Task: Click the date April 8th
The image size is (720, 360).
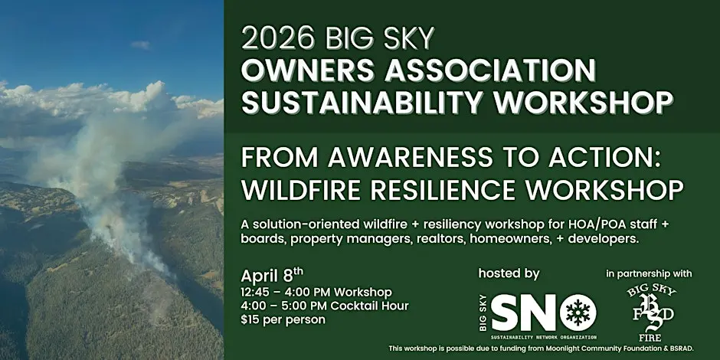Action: click(272, 277)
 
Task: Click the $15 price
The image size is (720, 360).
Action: click(250, 319)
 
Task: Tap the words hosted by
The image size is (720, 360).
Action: click(509, 274)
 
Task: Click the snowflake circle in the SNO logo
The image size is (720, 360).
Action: click(578, 313)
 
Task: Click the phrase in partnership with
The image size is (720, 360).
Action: click(649, 274)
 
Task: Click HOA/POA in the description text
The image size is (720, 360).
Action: click(541, 225)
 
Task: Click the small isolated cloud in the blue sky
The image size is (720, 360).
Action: click(140, 45)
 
